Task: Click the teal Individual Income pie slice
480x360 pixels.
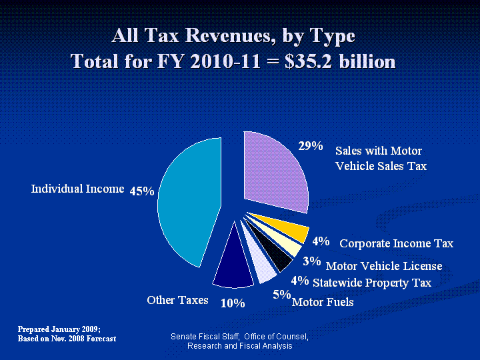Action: [x=190, y=200]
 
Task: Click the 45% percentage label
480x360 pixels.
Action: [x=142, y=191]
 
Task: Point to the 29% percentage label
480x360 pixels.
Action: [x=311, y=146]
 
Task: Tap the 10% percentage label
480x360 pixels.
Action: [x=233, y=303]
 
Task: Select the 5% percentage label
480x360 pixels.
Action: [x=281, y=294]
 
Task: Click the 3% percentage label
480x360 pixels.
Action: [x=311, y=261]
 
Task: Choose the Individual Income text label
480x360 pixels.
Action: [x=78, y=189]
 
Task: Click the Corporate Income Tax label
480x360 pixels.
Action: [x=397, y=243]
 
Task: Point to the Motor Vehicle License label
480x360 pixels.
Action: [x=384, y=266]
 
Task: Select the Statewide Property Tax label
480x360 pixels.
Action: [x=372, y=283]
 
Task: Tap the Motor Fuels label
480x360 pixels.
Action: [x=323, y=303]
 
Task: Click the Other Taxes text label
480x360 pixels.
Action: [x=177, y=300]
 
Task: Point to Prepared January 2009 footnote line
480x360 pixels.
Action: [x=59, y=329]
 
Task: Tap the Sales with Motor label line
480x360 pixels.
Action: [x=379, y=151]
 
